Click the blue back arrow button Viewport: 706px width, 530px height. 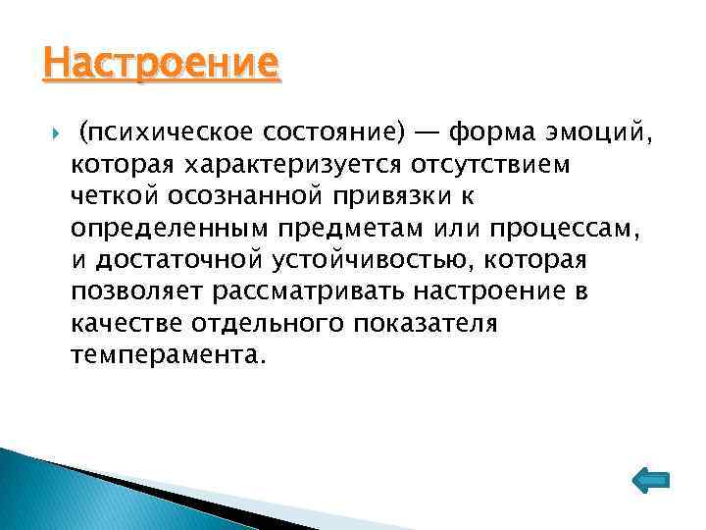tap(647, 479)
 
